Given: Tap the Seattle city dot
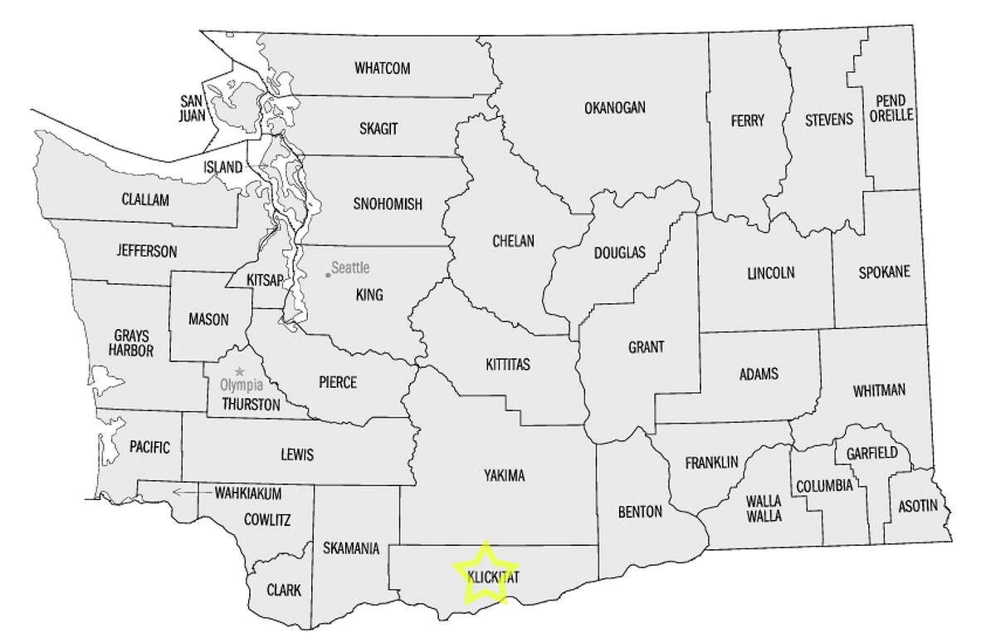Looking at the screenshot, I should [x=328, y=275].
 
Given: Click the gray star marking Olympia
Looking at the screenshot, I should [x=240, y=371].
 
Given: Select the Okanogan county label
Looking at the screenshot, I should [x=615, y=107].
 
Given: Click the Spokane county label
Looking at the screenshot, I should [x=883, y=272].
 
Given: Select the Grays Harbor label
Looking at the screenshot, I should [x=133, y=344].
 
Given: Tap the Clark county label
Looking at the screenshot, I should [x=284, y=591].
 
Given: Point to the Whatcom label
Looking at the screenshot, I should [x=383, y=68].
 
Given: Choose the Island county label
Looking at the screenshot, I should [x=224, y=167].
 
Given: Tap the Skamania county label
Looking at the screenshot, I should [x=353, y=548].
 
